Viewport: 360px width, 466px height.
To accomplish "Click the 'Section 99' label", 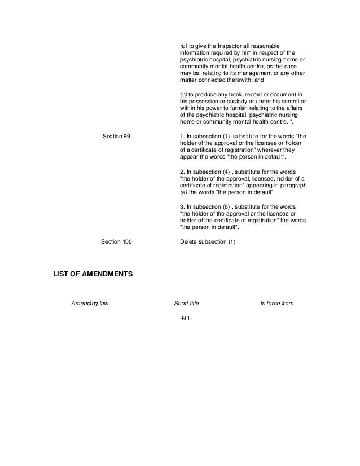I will pyautogui.click(x=117, y=137).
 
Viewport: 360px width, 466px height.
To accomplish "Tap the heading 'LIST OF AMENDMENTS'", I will pyautogui.click(x=93, y=275).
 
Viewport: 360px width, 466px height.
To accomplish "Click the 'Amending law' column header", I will pyautogui.click(x=90, y=304).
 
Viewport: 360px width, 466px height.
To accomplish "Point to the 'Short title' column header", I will pyautogui.click(x=186, y=304).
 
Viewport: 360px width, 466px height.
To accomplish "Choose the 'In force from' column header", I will pyautogui.click(x=276, y=304).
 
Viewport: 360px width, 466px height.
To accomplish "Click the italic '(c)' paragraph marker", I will pyautogui.click(x=183, y=93).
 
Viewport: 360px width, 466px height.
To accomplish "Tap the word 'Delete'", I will pyautogui.click(x=188, y=241).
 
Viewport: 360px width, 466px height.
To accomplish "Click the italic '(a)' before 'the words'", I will pyautogui.click(x=183, y=192).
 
